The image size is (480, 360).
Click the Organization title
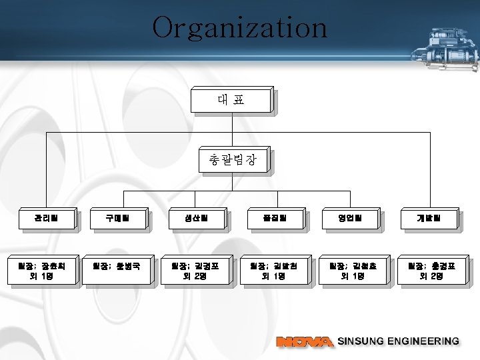tap(239, 28)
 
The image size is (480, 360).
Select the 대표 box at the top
tap(231, 100)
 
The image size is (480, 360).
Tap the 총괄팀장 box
tap(231, 161)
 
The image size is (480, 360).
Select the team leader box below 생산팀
tap(195, 271)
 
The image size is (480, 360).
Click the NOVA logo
tap(304, 342)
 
